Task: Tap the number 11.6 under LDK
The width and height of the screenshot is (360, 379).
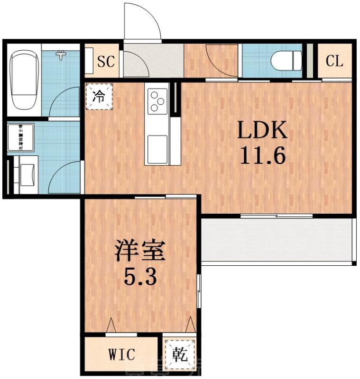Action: click(x=262, y=155)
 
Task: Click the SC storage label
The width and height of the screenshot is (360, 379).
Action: click(x=106, y=61)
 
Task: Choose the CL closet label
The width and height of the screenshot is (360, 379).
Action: click(x=334, y=61)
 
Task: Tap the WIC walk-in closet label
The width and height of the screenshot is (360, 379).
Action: click(x=121, y=354)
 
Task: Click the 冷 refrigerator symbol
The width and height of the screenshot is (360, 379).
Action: click(x=99, y=97)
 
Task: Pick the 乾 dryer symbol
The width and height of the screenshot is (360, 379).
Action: click(x=179, y=353)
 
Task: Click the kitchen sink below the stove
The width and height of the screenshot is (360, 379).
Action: click(x=157, y=144)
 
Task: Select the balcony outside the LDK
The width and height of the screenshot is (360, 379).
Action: click(x=277, y=239)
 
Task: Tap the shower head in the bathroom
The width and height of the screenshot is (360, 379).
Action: click(x=61, y=55)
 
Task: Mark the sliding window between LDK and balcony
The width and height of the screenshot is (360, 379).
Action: click(x=277, y=216)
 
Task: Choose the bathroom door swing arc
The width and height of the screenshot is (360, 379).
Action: click(x=64, y=99)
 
